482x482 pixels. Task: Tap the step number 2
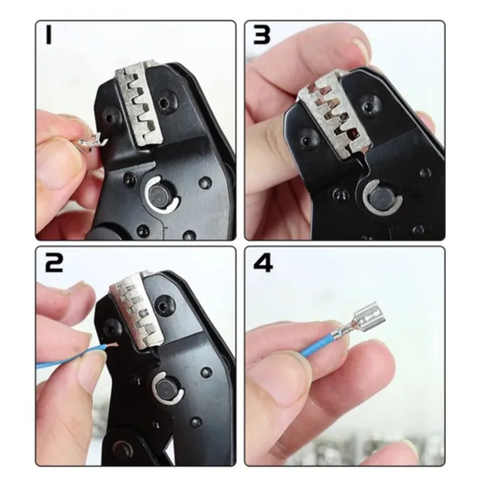(54, 263)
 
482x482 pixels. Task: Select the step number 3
(262, 35)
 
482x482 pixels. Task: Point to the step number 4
(263, 262)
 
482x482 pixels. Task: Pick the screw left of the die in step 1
(110, 118)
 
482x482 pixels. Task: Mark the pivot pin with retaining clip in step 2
(162, 386)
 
